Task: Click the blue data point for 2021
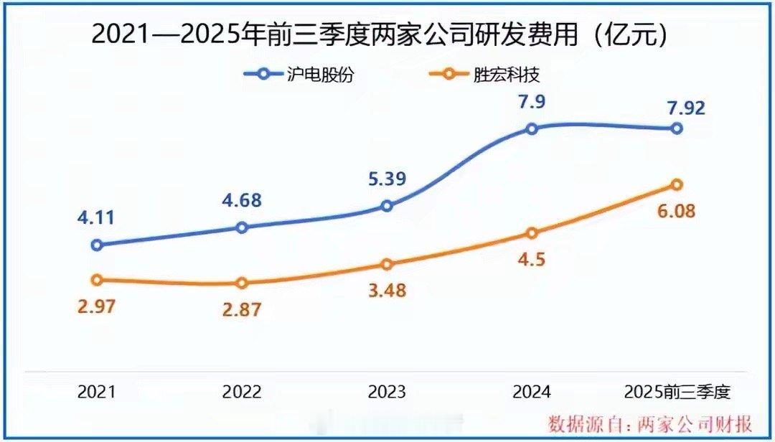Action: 97,245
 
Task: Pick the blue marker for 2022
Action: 242,227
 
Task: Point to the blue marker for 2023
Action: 387,206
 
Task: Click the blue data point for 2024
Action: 532,129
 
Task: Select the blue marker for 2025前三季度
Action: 677,128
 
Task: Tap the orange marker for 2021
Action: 97,280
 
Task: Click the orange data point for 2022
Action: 242,283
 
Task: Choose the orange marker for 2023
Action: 387,264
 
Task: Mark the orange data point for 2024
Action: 532,233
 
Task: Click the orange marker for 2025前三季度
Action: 677,184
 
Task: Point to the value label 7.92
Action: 685,108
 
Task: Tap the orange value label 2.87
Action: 240,310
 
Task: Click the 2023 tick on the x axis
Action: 387,392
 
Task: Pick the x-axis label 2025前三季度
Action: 677,392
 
